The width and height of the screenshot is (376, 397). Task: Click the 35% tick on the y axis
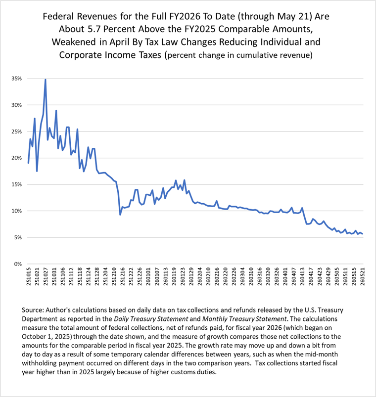pos(16,79)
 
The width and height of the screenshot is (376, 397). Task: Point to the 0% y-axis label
pos(18,264)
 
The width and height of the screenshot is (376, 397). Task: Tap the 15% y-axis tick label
pos(16,184)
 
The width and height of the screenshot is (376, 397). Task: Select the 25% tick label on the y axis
pos(16,132)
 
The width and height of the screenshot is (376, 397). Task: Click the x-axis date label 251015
pos(28,276)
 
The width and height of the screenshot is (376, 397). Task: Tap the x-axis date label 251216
pos(123,276)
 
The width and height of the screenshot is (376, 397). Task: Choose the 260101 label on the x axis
pos(148,276)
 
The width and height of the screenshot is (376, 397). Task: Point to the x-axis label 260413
pos(302,276)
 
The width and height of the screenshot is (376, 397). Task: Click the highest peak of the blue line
pos(46,80)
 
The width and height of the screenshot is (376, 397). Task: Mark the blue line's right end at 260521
pos(363,234)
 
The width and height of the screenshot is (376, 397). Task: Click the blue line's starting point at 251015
pos(28,163)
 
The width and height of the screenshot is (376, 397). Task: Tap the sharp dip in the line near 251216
pos(120,215)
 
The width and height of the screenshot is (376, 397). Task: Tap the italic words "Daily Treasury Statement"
pos(151,319)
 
